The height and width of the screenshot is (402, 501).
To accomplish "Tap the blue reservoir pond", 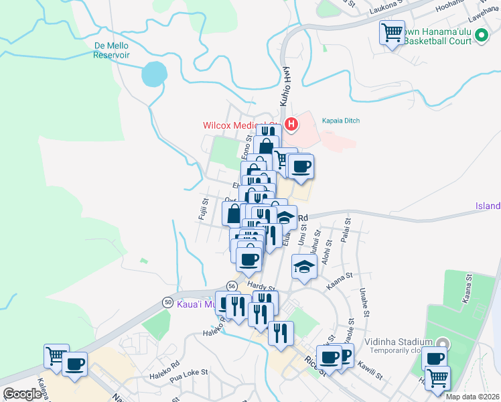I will tap(154, 74).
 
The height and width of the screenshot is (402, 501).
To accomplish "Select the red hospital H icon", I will tap(291, 124).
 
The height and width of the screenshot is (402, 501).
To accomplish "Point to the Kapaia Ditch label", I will tap(342, 119).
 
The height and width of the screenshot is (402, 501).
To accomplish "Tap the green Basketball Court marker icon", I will tap(481, 37).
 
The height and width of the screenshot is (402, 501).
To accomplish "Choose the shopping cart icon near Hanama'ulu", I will tap(392, 31).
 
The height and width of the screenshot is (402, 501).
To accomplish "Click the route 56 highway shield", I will tap(230, 285).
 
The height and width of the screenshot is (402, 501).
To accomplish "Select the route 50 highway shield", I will tap(167, 302).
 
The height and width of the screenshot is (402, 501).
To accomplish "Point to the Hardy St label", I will tap(257, 286).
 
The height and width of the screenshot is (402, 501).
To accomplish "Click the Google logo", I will tap(22, 394).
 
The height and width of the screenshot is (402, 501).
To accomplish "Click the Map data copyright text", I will tap(472, 396).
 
